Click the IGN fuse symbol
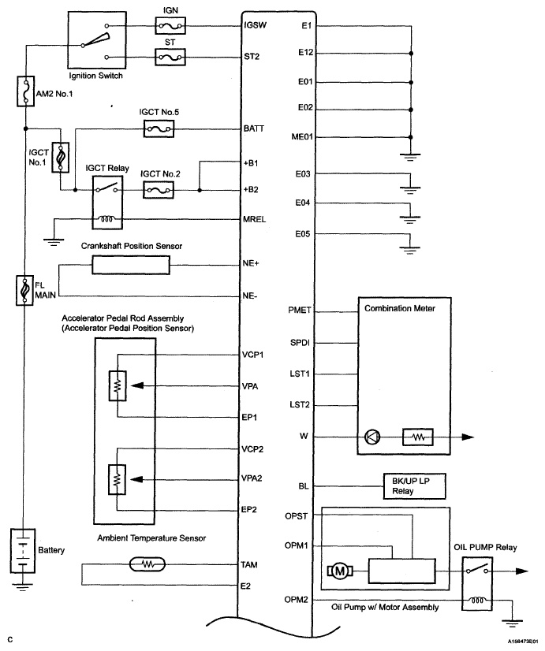click(x=170, y=26)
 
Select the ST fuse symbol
click(x=170, y=57)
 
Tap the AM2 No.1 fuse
click(x=26, y=91)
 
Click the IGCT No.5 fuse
click(x=159, y=128)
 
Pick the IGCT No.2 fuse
click(x=159, y=191)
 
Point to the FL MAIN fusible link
click(x=24, y=291)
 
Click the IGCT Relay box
click(x=107, y=203)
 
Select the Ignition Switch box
click(x=97, y=40)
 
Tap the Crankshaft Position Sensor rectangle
click(x=131, y=265)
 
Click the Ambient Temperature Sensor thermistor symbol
click(x=147, y=564)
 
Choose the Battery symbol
click(x=23, y=551)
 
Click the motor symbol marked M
click(x=340, y=571)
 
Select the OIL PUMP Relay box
click(x=477, y=584)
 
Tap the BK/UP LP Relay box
click(x=415, y=486)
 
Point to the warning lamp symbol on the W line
click(x=372, y=437)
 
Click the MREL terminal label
click(x=254, y=219)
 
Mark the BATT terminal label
click(x=254, y=128)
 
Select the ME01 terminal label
click(x=302, y=137)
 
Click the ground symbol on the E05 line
click(x=410, y=250)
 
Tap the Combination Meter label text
click(x=400, y=308)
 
